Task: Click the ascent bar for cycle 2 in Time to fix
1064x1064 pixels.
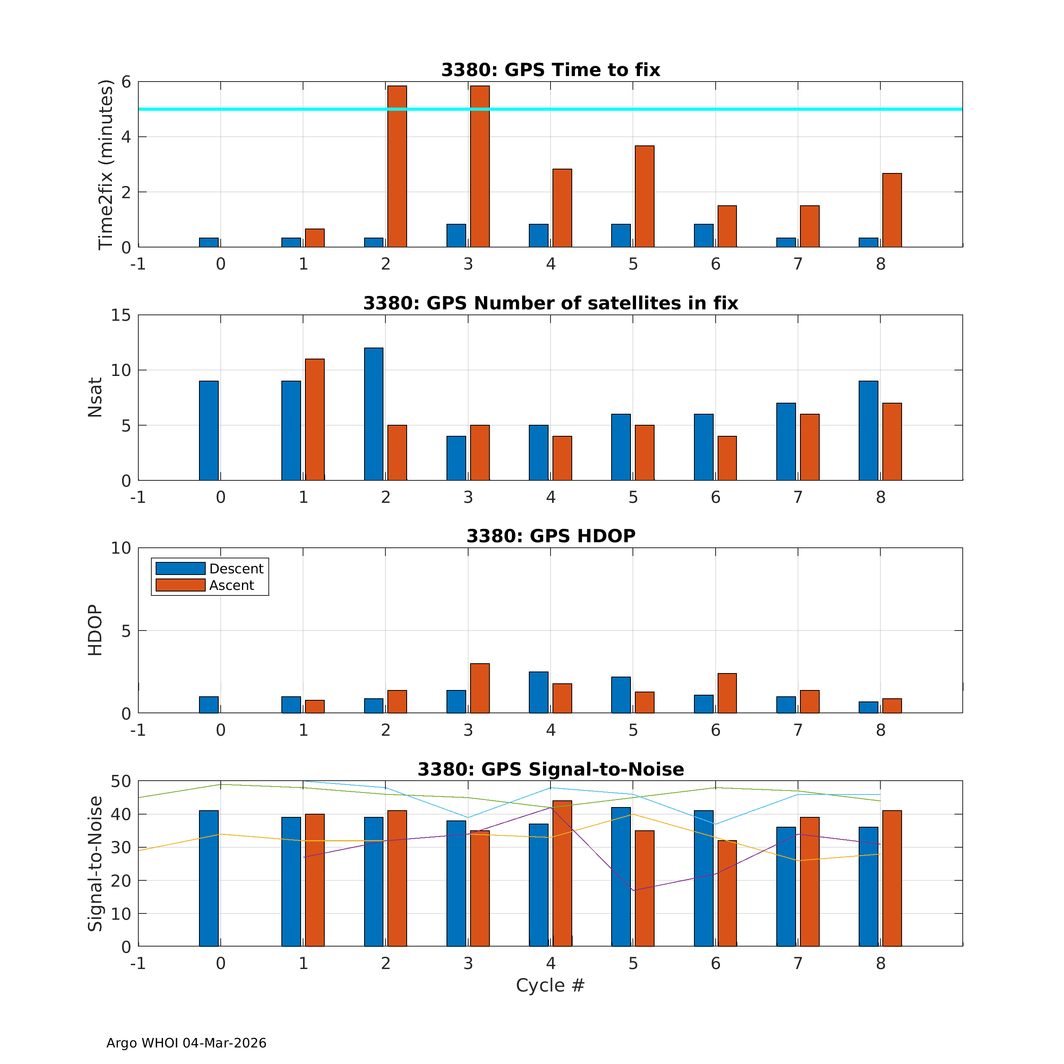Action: coord(397,166)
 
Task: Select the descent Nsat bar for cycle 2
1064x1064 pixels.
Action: coord(374,414)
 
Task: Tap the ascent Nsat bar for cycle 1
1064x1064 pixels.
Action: coord(314,420)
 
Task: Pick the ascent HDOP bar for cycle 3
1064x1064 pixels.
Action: coord(480,688)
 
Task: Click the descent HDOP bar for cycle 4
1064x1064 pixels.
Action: coord(539,692)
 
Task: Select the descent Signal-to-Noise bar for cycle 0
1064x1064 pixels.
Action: coord(209,878)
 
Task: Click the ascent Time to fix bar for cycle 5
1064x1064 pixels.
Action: coord(644,197)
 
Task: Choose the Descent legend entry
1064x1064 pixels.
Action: coord(209,568)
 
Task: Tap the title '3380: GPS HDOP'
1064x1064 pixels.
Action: coord(551,536)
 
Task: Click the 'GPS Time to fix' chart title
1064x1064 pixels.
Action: coord(551,70)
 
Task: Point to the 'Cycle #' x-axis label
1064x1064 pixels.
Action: coord(550,985)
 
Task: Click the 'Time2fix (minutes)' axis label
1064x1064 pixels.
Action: coord(105,165)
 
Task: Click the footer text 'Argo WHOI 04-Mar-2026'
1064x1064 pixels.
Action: coord(186,1043)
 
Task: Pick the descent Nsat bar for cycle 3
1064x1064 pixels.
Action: coord(456,458)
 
